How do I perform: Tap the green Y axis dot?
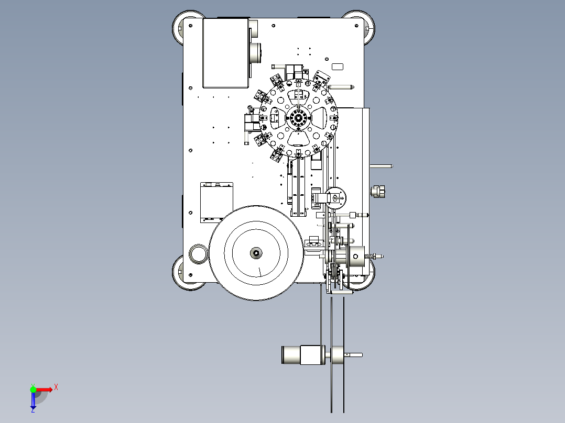(x=33, y=389)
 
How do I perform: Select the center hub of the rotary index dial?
(x=298, y=117)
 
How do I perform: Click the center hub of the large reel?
(x=256, y=253)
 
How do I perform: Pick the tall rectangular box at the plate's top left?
(x=226, y=53)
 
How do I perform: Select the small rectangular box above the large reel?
(x=216, y=202)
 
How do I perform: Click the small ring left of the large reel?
(x=198, y=254)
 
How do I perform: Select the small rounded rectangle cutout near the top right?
(x=338, y=66)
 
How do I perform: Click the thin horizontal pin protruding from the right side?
(x=381, y=166)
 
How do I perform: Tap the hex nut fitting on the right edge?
(x=377, y=191)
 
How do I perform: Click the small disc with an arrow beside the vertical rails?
(x=336, y=198)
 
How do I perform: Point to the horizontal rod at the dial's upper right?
(x=341, y=87)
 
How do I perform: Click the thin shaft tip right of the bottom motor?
(x=353, y=355)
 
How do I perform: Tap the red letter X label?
(x=56, y=387)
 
